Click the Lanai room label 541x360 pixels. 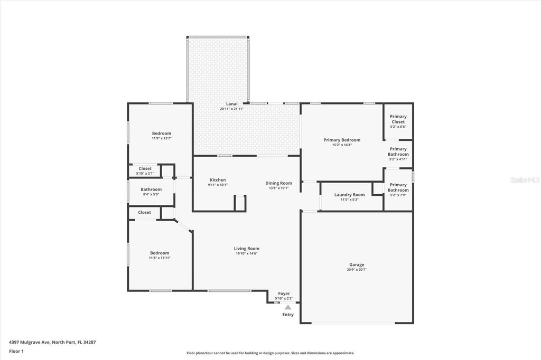231,104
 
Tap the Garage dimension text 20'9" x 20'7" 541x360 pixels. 357,270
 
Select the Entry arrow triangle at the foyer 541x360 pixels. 288,307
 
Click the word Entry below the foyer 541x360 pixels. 288,315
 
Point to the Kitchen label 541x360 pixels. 218,180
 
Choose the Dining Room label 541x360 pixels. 278,183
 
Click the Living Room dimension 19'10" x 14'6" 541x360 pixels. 247,253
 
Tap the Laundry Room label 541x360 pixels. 349,195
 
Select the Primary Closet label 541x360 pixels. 398,119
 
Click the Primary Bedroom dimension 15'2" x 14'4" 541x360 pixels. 342,145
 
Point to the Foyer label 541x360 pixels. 284,293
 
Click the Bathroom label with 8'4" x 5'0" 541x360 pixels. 151,190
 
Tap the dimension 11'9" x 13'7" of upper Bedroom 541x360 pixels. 162,138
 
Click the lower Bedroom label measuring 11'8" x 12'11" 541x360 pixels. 159,253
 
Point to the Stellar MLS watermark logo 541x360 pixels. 524,180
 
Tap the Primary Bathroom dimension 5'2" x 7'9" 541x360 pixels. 398,195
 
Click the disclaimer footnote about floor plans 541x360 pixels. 270,353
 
